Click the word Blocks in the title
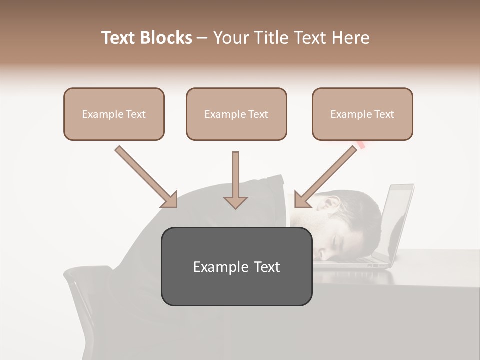click(x=167, y=38)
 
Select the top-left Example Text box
click(x=114, y=114)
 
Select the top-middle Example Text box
click(x=236, y=114)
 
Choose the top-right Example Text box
click(x=362, y=114)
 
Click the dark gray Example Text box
click(x=236, y=267)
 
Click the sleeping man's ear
click(x=331, y=204)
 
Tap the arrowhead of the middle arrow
click(x=235, y=201)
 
